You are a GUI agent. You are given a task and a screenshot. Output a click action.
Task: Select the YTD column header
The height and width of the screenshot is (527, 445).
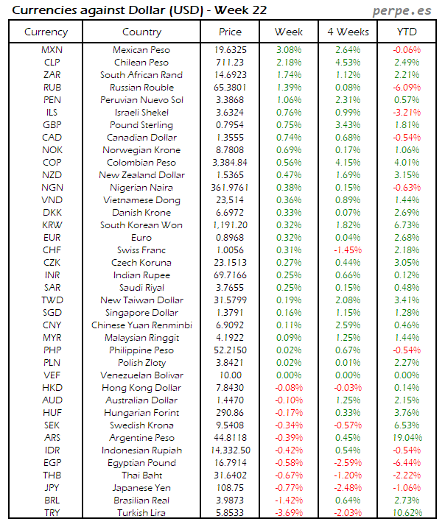point(406,32)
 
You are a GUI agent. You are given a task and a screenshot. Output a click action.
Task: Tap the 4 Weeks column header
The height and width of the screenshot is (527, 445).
point(347,32)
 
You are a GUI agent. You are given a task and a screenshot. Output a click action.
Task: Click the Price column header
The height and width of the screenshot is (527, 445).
point(230,32)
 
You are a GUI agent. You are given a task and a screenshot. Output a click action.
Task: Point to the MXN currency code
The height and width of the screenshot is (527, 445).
point(52,50)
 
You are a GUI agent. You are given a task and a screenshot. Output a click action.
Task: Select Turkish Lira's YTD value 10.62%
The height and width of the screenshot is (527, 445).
point(406,512)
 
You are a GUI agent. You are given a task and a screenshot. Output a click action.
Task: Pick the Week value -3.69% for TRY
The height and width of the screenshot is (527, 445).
point(288,512)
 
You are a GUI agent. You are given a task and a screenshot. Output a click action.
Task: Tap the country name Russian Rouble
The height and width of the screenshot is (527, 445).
point(141,88)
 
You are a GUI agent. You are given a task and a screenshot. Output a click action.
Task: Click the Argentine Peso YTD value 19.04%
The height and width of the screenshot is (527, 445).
point(406,437)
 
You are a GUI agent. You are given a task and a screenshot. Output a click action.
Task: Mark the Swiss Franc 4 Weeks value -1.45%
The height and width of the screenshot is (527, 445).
point(347,250)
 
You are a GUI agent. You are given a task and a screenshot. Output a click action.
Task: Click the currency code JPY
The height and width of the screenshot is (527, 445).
point(52,487)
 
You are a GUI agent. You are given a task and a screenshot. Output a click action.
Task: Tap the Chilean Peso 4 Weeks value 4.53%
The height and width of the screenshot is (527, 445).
point(347,63)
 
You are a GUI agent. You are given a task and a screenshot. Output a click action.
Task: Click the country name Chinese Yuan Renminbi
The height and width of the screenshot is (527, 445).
point(141,325)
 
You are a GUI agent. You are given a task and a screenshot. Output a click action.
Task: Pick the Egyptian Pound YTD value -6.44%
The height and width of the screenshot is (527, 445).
point(406,462)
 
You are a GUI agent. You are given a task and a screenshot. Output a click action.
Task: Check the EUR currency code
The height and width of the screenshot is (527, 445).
point(52,238)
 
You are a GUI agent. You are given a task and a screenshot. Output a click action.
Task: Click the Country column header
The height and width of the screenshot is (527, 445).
point(141,32)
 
